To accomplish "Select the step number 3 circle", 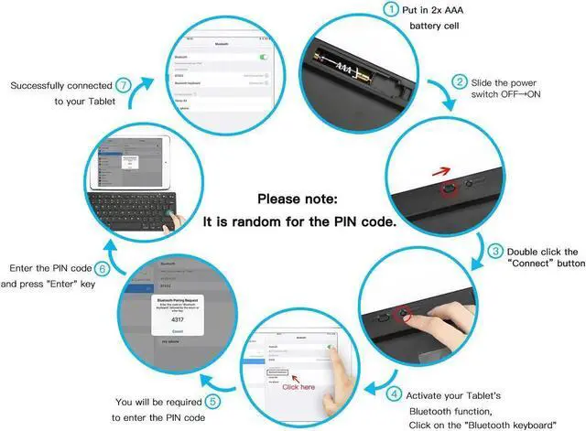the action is pos(495,251).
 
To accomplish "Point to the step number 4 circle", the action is pos(394,395).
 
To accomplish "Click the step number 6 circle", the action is pos(103,269).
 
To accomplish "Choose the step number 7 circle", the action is pos(123,85).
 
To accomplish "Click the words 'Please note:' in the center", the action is pos(297,199).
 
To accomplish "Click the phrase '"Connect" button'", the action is pos(533,264).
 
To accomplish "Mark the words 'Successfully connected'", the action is pos(61,85).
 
